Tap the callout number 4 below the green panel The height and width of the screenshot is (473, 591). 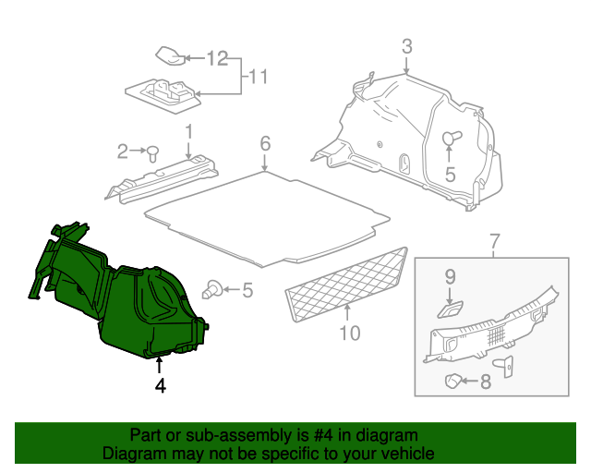point(160,386)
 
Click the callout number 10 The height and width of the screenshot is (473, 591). point(349,332)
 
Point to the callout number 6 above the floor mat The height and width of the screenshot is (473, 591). point(265,143)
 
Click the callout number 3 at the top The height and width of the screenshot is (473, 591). point(406,47)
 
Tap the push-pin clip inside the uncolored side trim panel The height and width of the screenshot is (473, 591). point(451,139)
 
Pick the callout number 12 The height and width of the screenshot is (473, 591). point(216,59)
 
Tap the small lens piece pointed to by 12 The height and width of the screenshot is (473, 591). point(170,55)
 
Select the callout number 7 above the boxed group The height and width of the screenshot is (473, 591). point(494,243)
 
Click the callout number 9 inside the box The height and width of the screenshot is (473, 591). point(451,275)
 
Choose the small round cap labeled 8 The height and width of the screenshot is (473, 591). point(453,380)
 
